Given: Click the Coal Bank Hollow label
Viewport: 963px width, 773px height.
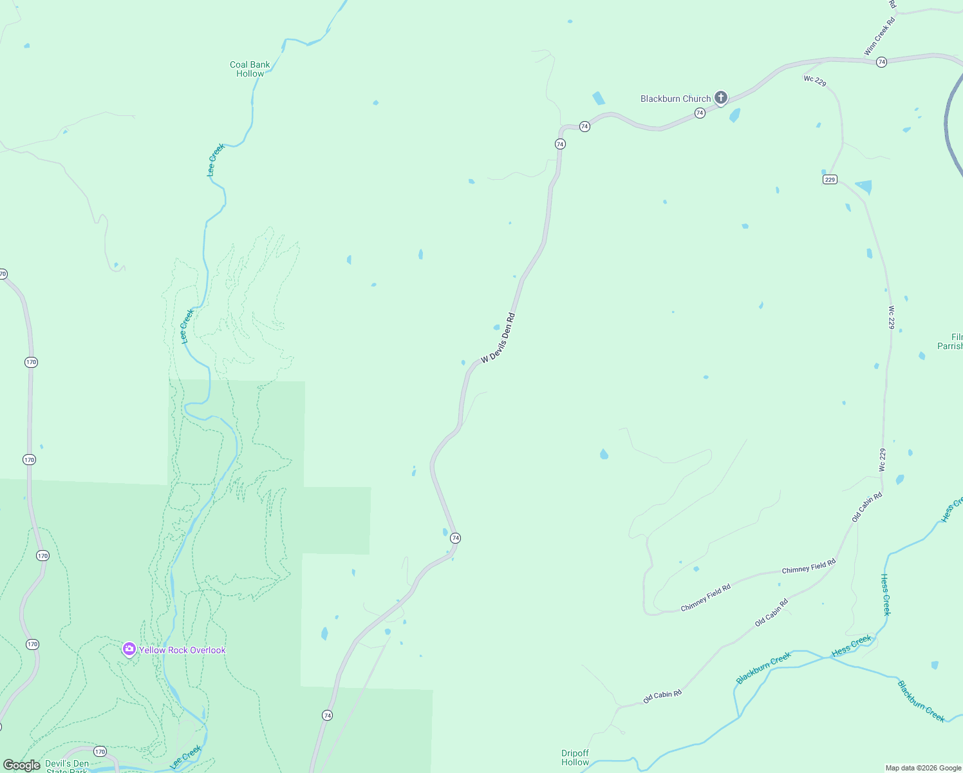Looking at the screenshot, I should [x=250, y=69].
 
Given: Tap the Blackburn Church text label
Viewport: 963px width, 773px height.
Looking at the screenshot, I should [x=675, y=99].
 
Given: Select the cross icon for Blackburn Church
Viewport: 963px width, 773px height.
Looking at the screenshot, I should [x=721, y=98].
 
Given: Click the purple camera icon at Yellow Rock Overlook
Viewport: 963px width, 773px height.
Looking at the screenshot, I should [x=129, y=649].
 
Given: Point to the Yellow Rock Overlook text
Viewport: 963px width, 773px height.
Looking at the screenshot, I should [x=182, y=650].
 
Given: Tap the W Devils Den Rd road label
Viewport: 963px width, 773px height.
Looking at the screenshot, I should [x=498, y=338].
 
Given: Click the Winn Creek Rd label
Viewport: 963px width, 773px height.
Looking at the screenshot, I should [x=880, y=37].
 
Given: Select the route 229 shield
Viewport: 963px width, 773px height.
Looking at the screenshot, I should [x=830, y=180].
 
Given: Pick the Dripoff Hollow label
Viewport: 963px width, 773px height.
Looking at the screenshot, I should [x=575, y=758].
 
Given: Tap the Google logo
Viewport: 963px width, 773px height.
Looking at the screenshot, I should [x=21, y=765].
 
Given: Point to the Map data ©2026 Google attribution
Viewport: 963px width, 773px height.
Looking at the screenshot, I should [x=923, y=768].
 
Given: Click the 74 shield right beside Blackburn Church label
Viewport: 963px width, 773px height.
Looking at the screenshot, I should [x=700, y=113].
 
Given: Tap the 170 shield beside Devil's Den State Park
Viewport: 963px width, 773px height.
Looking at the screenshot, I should [x=99, y=751].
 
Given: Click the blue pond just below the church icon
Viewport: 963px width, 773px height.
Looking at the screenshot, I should [x=734, y=115].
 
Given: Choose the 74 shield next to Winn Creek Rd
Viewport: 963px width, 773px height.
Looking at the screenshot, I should [x=881, y=62].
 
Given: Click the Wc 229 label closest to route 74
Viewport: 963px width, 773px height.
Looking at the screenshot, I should [x=815, y=81].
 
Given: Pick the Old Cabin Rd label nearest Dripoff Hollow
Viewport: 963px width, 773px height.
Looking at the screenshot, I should [x=662, y=696].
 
